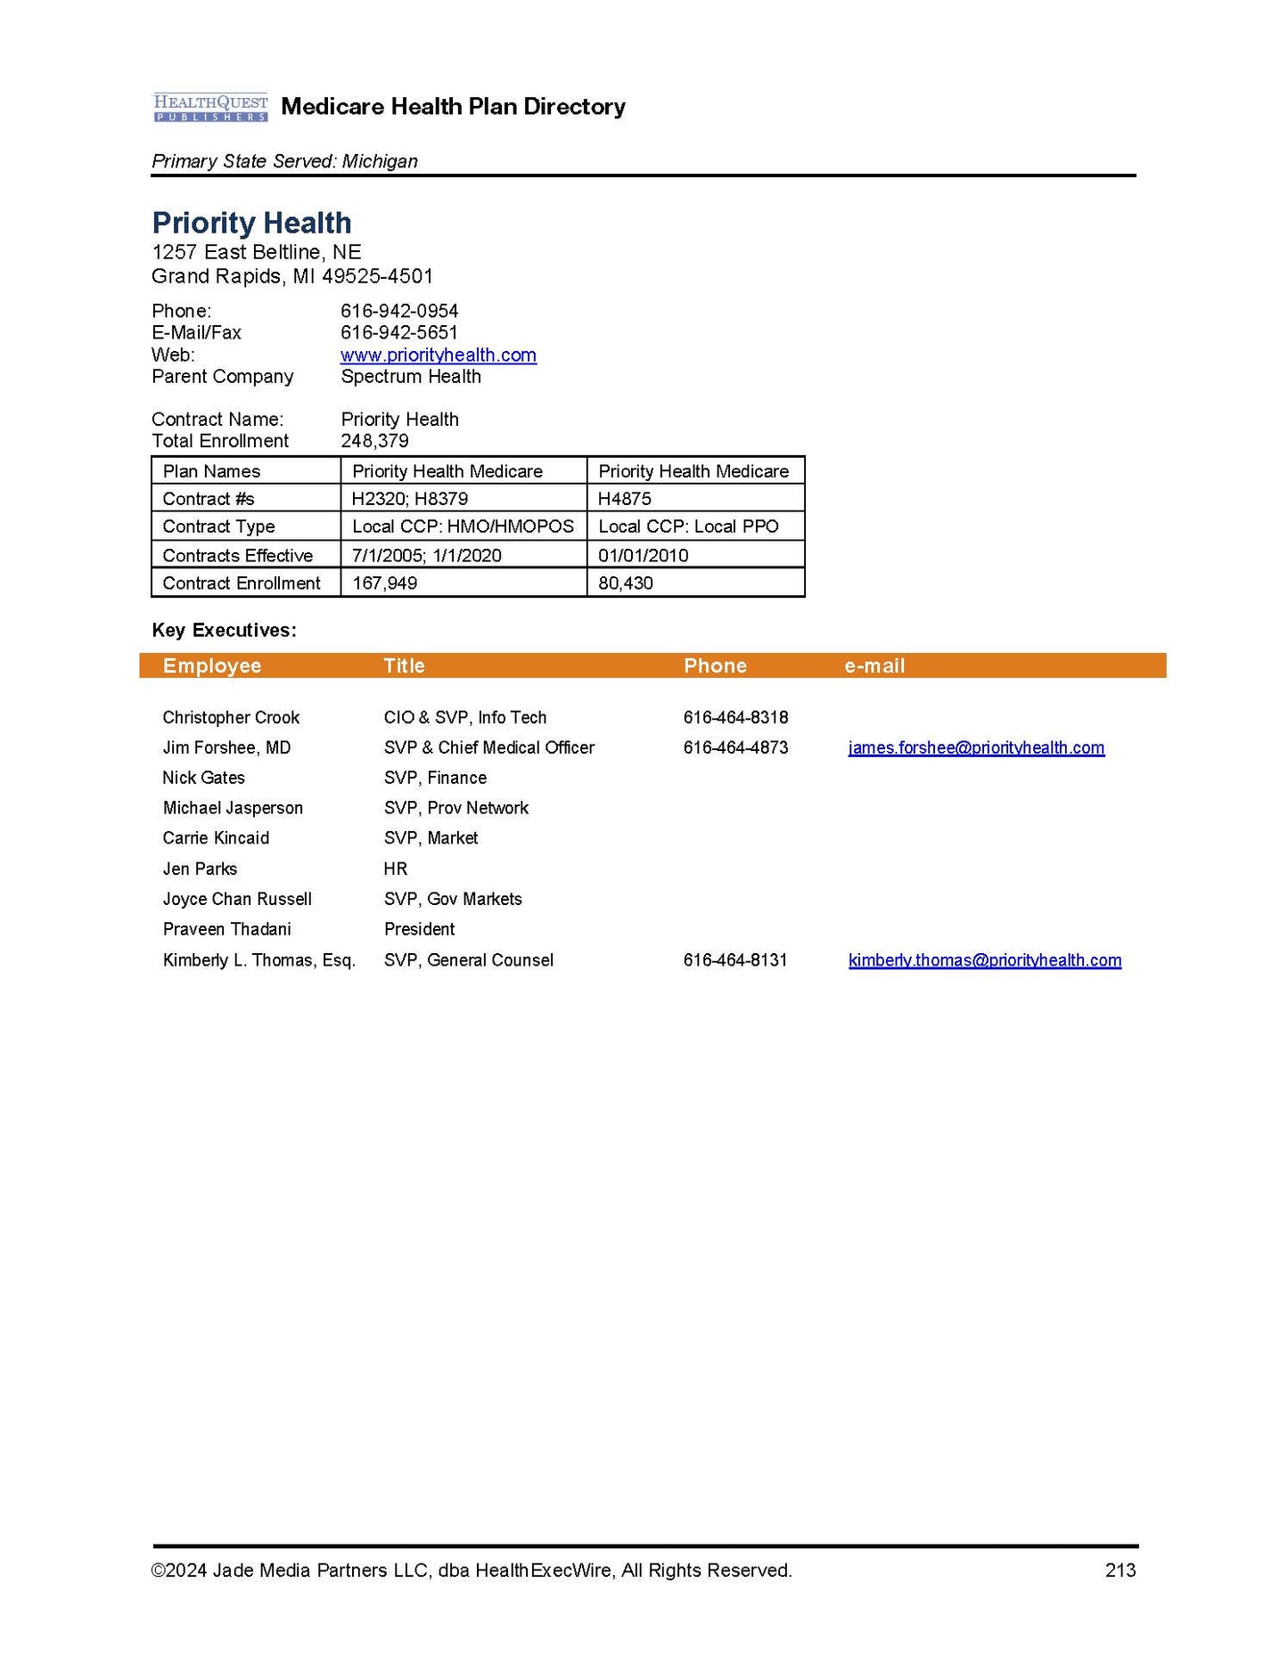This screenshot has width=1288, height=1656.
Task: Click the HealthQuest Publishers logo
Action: point(210,107)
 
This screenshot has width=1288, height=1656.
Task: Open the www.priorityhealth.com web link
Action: point(438,355)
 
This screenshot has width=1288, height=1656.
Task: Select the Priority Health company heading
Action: point(251,223)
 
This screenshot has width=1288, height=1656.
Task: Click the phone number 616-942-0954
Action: point(399,311)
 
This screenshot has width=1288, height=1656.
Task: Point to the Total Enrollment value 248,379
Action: point(374,441)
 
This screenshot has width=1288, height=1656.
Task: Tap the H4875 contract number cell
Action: point(624,499)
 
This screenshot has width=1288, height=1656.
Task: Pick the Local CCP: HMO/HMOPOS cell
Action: point(463,526)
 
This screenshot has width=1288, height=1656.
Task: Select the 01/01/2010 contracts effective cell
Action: point(643,556)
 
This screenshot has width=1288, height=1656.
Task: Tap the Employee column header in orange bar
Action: point(212,665)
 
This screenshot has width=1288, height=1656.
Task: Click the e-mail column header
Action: point(874,665)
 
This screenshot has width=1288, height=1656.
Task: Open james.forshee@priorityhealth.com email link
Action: point(976,747)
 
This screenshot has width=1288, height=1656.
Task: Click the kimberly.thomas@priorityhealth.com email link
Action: point(984,960)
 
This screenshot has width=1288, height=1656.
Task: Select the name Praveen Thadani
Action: point(226,929)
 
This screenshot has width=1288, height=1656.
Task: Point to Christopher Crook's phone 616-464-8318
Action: point(735,717)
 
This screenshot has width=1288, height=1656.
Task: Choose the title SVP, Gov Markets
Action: point(453,899)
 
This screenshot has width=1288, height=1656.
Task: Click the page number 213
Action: point(1120,1570)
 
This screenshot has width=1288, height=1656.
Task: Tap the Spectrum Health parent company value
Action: point(411,376)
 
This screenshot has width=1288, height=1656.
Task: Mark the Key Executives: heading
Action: point(224,630)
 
